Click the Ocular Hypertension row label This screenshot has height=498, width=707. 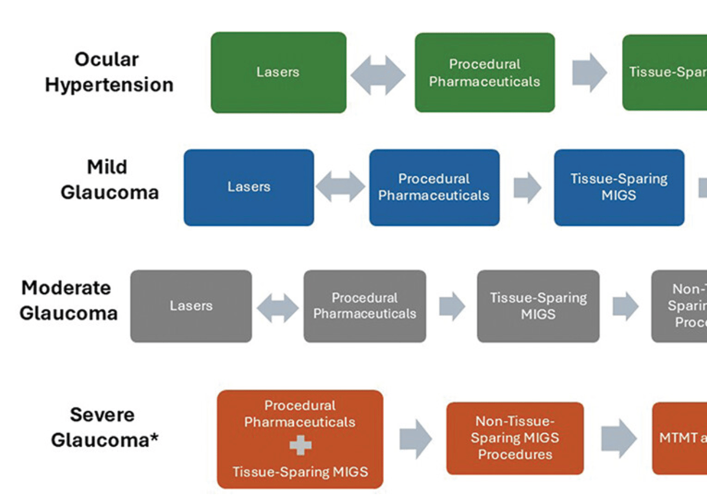pyautogui.click(x=109, y=72)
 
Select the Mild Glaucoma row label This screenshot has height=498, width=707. pyautogui.click(x=109, y=180)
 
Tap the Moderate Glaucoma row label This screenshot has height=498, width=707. pyautogui.click(x=68, y=300)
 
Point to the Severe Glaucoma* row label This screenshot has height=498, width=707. pyautogui.click(x=104, y=427)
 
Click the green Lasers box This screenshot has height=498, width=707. pyautogui.click(x=279, y=73)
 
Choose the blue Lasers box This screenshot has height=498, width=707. pyautogui.click(x=249, y=187)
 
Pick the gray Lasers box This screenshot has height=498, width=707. pyautogui.click(x=191, y=306)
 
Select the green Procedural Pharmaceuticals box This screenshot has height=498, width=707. pyautogui.click(x=484, y=73)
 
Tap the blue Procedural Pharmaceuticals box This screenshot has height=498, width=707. pyautogui.click(x=434, y=187)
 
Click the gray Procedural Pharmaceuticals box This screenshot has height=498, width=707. pyautogui.click(x=365, y=306)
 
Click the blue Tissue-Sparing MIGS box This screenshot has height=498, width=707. pyautogui.click(x=619, y=187)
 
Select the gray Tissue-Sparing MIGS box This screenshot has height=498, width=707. pyautogui.click(x=538, y=306)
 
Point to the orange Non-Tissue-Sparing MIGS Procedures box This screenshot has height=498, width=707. pyautogui.click(x=515, y=438)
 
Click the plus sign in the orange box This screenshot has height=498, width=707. pyautogui.click(x=300, y=446)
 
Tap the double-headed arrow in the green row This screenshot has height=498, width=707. pyautogui.click(x=378, y=74)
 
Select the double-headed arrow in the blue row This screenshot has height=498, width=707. pyautogui.click(x=341, y=187)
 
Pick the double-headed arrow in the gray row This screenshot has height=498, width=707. pyautogui.click(x=277, y=308)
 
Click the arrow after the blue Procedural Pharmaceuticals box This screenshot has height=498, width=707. pyautogui.click(x=527, y=188)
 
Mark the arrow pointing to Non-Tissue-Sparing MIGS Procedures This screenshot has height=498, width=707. pyautogui.click(x=416, y=438)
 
